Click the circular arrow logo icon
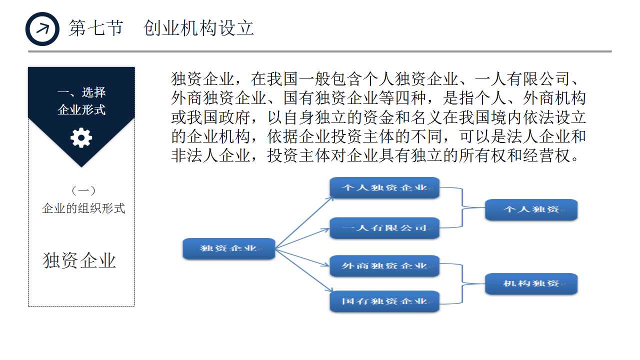pos(42,29)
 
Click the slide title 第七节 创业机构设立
pos(161,28)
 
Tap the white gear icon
pos(81,137)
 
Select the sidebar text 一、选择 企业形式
pos(81,101)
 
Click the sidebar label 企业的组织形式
pos(83,208)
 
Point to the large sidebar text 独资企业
pos(79,260)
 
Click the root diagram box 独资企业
pos(228,248)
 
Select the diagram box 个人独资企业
pos(384,188)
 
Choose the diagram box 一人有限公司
pos(384,228)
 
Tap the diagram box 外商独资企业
pos(384,266)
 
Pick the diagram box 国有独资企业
pos(384,301)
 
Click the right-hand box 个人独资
pos(531,209)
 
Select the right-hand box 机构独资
pos(531,284)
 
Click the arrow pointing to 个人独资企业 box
pos(304,222)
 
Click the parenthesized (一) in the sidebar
pos(83,190)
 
